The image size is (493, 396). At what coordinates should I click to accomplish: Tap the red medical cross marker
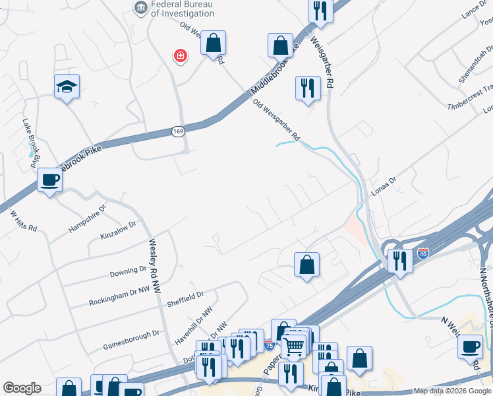(x=179, y=56)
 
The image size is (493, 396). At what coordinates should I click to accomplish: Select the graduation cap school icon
(x=66, y=86)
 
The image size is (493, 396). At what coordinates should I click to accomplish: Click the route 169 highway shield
(x=178, y=131)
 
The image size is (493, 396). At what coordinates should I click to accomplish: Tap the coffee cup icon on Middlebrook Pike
(x=49, y=180)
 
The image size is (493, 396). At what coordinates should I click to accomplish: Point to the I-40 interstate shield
(x=422, y=253)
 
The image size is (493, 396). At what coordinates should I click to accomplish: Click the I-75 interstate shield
(x=268, y=345)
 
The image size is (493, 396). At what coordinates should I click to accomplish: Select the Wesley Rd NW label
(x=156, y=267)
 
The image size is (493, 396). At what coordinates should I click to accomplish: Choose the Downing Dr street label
(x=128, y=271)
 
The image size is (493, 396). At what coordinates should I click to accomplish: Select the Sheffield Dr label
(x=185, y=297)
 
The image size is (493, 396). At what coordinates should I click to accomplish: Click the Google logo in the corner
(x=22, y=388)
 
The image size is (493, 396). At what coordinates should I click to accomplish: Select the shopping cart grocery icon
(x=293, y=345)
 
